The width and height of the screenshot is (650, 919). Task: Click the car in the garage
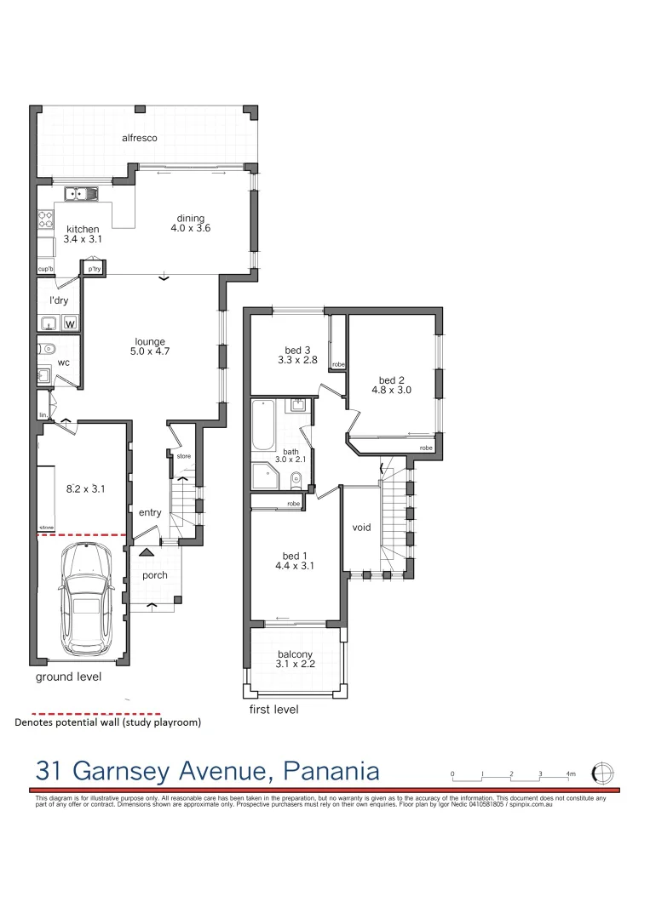[85, 596]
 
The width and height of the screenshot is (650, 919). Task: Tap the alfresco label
[140, 138]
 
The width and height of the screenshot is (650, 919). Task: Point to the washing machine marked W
[70, 323]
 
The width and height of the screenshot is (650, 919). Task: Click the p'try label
[94, 269]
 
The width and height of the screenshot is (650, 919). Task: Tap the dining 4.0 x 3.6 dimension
[190, 228]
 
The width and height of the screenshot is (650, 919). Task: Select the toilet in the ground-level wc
[49, 348]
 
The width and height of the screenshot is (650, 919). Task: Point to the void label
[362, 528]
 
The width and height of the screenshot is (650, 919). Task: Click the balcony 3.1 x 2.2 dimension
[296, 665]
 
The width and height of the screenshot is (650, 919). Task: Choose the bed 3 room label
[296, 349]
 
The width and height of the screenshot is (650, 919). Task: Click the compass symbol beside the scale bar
[603, 773]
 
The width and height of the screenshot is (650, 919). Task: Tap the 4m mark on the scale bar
[571, 773]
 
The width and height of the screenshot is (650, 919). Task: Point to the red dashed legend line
[95, 714]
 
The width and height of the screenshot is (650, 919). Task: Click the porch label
[155, 575]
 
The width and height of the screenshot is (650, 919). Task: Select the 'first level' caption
[273, 709]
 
